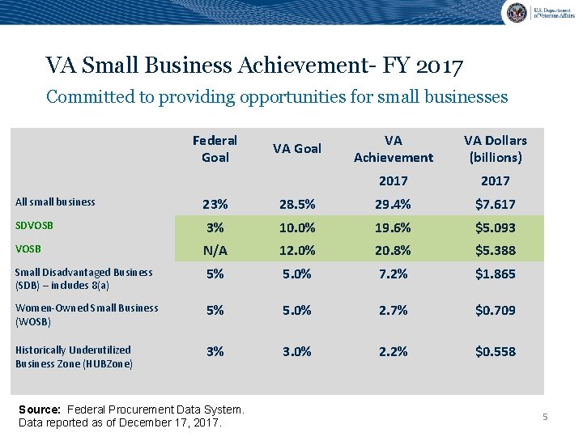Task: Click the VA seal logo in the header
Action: [516, 12]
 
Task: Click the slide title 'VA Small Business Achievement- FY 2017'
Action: [254, 65]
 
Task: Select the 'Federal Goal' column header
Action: [215, 149]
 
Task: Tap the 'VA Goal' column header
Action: [297, 148]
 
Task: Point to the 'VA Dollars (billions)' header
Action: [495, 149]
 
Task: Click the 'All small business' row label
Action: [55, 202]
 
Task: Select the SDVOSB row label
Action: [34, 225]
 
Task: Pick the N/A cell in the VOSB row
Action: [215, 251]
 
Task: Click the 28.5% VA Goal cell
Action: [297, 205]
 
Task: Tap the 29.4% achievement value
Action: [394, 205]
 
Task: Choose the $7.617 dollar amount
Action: [495, 205]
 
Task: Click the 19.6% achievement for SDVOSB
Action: [394, 228]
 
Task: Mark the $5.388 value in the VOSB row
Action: [495, 251]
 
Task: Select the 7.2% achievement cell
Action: [394, 274]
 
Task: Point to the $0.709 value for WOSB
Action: [495, 310]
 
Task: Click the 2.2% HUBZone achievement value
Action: [394, 351]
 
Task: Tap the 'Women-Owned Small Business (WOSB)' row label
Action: [87, 314]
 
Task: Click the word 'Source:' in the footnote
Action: [40, 410]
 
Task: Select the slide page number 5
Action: [545, 417]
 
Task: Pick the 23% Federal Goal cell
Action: [215, 205]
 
